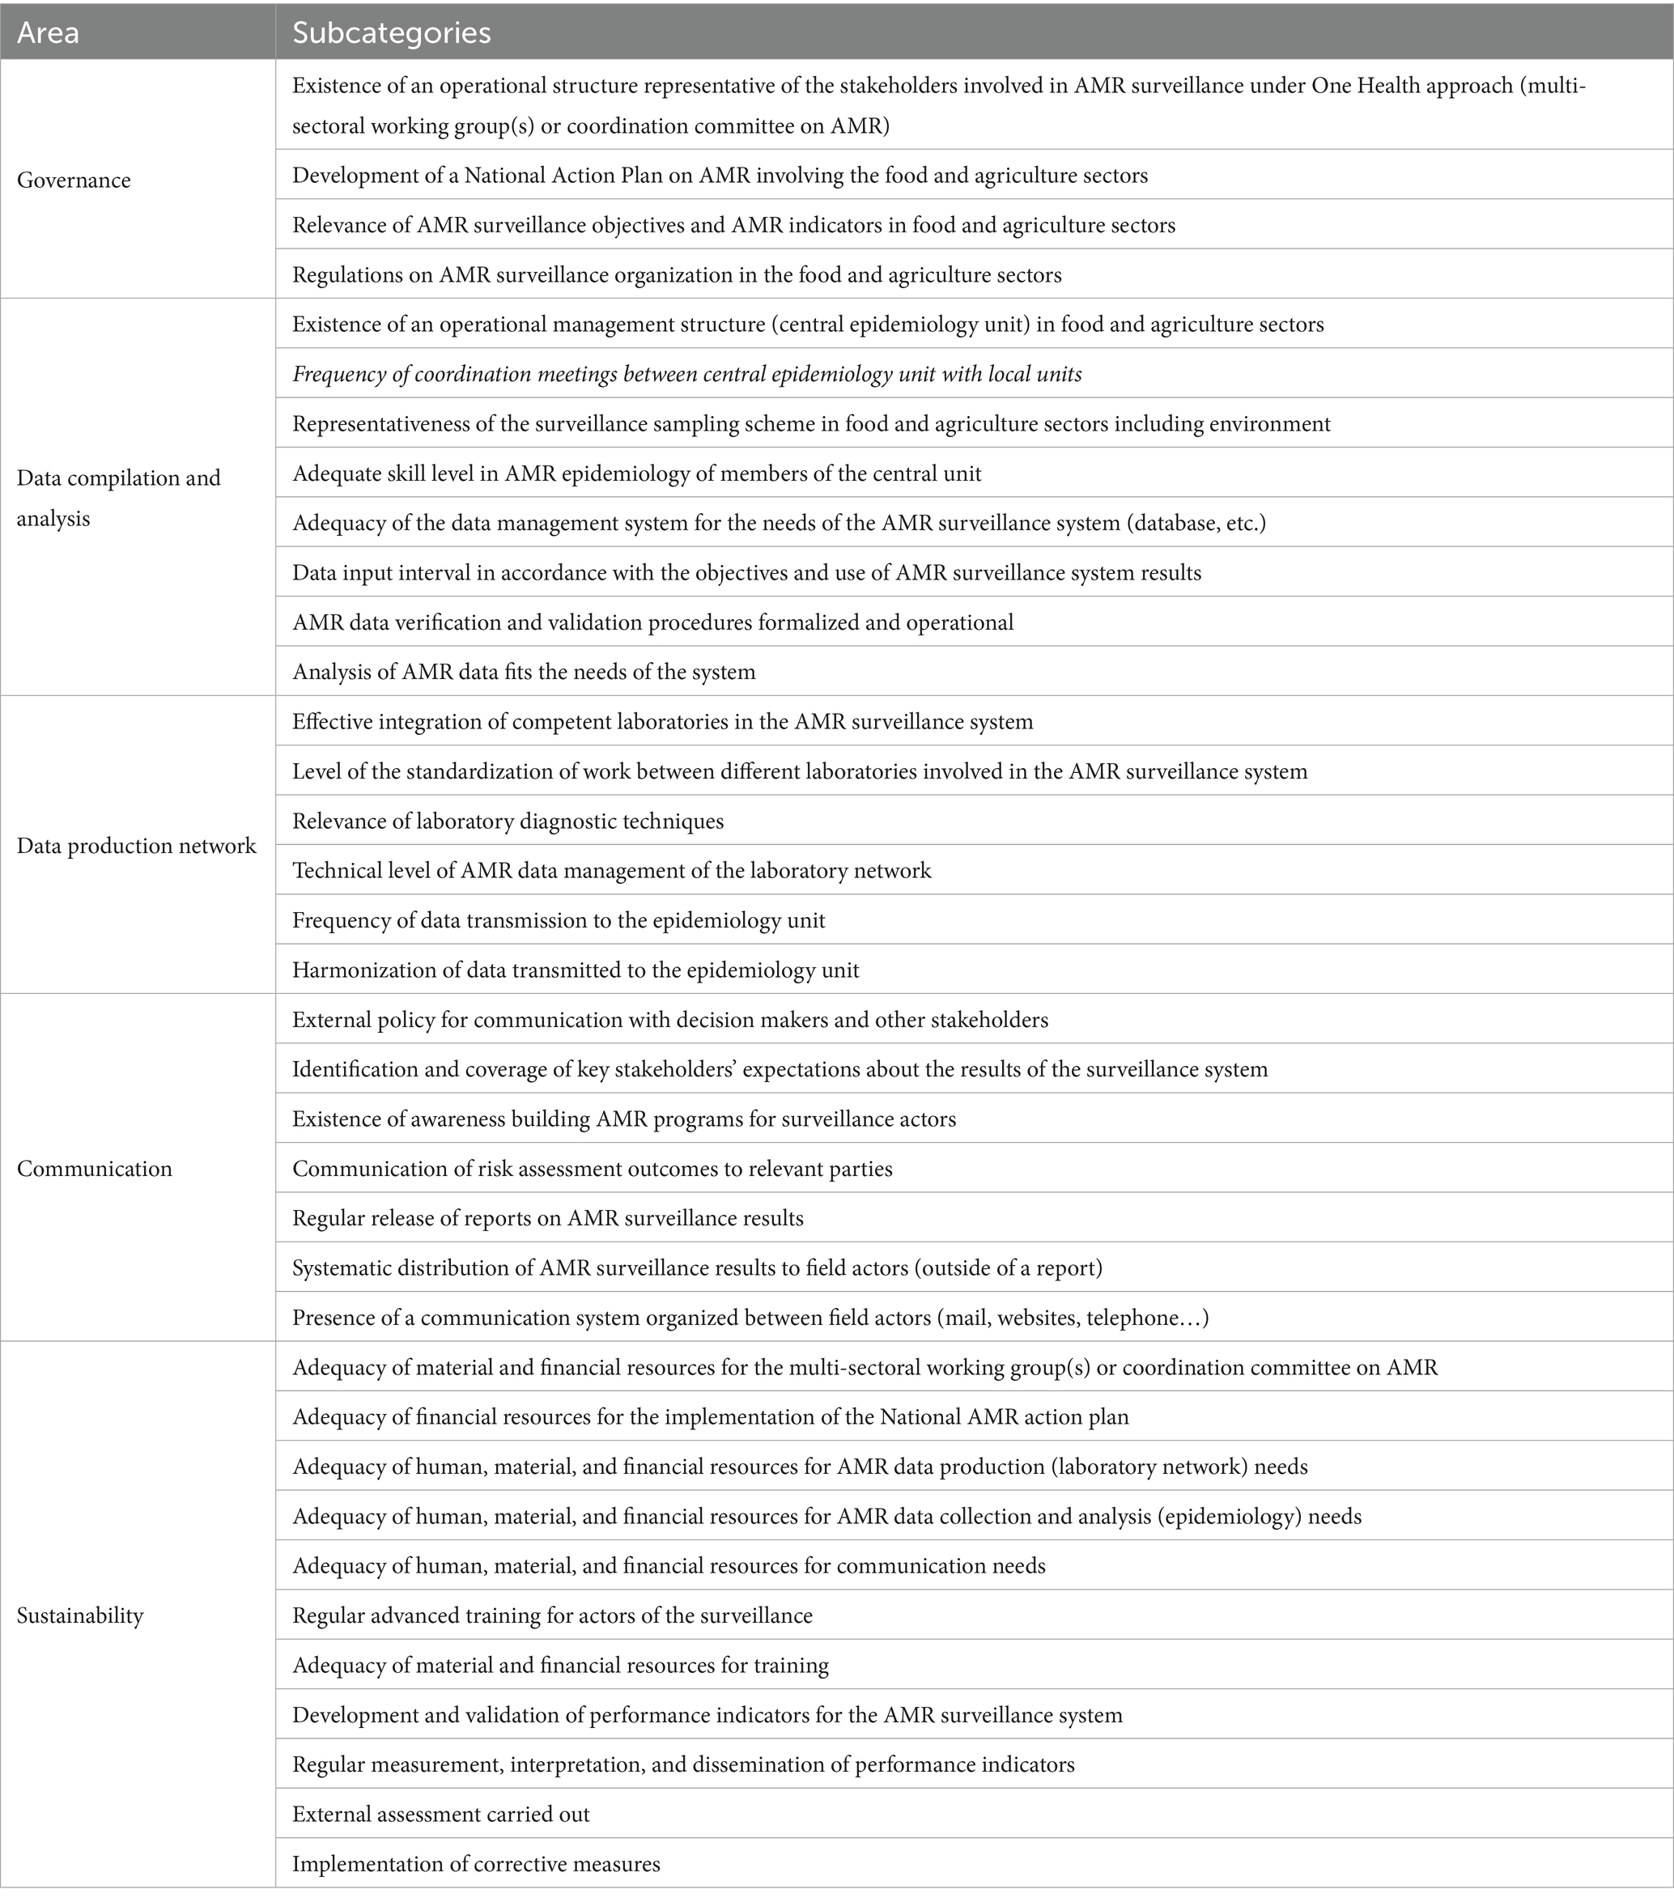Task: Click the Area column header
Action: click(x=49, y=32)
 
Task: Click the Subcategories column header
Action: click(x=391, y=32)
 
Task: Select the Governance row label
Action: click(x=74, y=180)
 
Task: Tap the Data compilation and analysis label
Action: click(x=118, y=498)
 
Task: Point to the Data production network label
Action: click(x=136, y=846)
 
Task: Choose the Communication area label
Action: click(x=94, y=1169)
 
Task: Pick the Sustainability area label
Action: click(x=80, y=1615)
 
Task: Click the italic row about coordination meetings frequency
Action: click(x=686, y=374)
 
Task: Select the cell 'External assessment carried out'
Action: click(x=440, y=1814)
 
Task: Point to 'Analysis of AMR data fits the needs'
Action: click(x=523, y=672)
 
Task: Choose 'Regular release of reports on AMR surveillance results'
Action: click(x=547, y=1218)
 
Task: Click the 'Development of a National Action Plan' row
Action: click(x=720, y=175)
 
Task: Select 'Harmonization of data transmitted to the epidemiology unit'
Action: click(x=575, y=970)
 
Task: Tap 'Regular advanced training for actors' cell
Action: click(x=552, y=1615)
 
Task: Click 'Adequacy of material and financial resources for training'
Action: click(x=560, y=1665)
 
